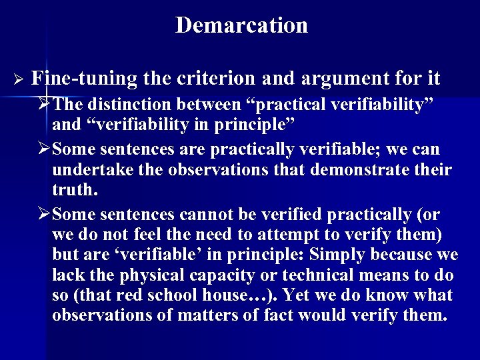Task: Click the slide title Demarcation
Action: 241,25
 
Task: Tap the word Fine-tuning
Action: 84,79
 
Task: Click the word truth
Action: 74,191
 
